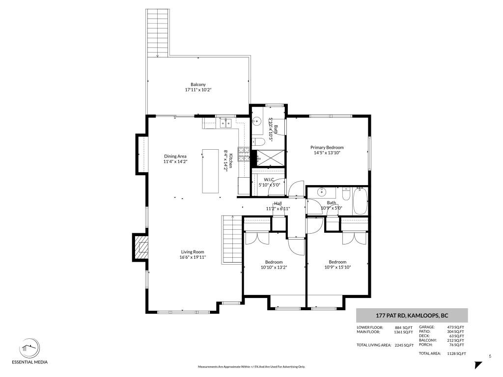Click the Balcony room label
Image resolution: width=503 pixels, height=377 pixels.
click(198, 84)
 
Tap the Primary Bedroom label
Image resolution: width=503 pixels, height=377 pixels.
click(327, 147)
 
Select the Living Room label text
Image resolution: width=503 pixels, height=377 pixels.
click(193, 252)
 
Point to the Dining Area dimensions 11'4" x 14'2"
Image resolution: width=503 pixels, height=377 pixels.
click(175, 162)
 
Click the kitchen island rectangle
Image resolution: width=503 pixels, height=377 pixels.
click(210, 171)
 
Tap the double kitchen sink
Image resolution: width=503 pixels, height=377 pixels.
click(225, 123)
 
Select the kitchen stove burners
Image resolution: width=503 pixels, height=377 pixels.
click(244, 154)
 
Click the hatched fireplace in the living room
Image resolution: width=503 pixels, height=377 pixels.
click(142, 247)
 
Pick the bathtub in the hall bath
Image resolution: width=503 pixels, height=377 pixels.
click(360, 201)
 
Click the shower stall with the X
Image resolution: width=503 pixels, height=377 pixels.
click(269, 158)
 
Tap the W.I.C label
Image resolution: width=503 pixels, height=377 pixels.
click(269, 180)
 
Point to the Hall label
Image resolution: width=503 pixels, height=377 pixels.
click(278, 204)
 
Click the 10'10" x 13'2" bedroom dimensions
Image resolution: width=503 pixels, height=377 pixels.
click(274, 267)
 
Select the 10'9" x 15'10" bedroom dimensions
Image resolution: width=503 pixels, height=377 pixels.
click(337, 267)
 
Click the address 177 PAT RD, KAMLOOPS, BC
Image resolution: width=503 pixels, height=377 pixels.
click(412, 316)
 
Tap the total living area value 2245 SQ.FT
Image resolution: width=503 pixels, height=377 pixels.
click(404, 345)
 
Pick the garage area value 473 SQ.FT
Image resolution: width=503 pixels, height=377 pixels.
click(455, 327)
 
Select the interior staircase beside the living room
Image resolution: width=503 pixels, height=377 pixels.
click(232, 240)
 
